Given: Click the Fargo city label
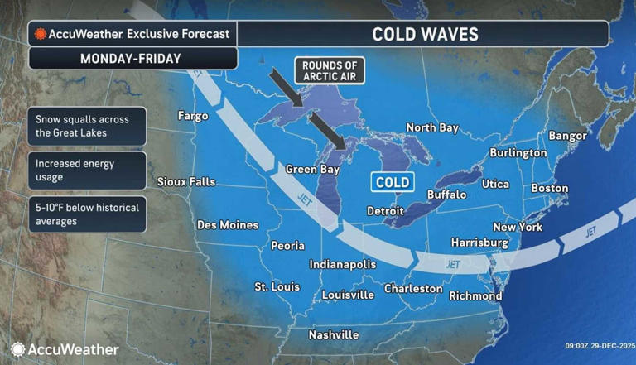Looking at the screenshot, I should (193, 117).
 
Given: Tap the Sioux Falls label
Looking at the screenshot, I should (186, 182).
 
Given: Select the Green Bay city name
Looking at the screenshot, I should (313, 169).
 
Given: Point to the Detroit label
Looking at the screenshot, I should (385, 212).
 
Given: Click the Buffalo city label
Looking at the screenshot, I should (446, 195).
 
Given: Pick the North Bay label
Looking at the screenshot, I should (431, 127).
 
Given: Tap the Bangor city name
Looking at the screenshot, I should (567, 135).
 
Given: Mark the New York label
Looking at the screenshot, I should (517, 227).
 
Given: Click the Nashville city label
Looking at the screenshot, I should (333, 335).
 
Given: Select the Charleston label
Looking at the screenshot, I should (413, 289).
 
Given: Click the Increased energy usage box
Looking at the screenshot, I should (87, 170).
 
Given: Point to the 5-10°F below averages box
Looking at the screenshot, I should (87, 214).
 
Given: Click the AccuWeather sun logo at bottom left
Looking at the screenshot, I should (17, 349).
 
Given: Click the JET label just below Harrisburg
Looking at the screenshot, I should (452, 265).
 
